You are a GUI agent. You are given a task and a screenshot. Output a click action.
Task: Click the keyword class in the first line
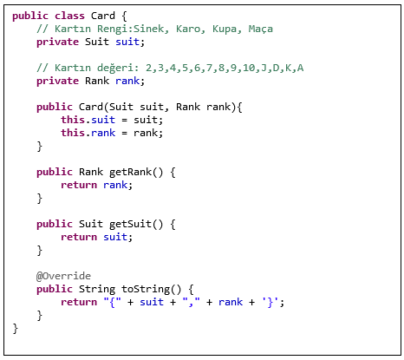69,16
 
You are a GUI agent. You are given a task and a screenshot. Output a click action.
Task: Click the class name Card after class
103,16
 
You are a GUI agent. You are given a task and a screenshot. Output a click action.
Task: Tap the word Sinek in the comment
148,29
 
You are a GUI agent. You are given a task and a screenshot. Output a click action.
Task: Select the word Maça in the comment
260,29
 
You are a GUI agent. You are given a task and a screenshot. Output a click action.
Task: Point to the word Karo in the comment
188,29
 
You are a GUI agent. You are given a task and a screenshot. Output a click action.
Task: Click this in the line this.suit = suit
73,120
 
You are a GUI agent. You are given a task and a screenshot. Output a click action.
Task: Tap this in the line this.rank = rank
73,133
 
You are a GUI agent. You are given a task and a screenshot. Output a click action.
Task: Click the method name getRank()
136,172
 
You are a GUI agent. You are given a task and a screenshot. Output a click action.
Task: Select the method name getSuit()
136,224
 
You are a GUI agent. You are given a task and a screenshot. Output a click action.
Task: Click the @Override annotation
63,276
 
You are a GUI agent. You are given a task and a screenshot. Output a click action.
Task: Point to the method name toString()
151,289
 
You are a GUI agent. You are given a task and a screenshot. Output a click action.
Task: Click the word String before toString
97,289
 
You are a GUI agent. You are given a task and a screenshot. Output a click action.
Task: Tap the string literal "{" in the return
113,302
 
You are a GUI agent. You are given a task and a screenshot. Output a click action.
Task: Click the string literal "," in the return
191,302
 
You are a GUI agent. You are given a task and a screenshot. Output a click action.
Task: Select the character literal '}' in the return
270,302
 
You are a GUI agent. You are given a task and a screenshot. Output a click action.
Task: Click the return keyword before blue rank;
79,185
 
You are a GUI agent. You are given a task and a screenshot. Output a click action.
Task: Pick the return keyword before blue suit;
79,237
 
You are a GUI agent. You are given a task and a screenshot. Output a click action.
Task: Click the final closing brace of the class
15,329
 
